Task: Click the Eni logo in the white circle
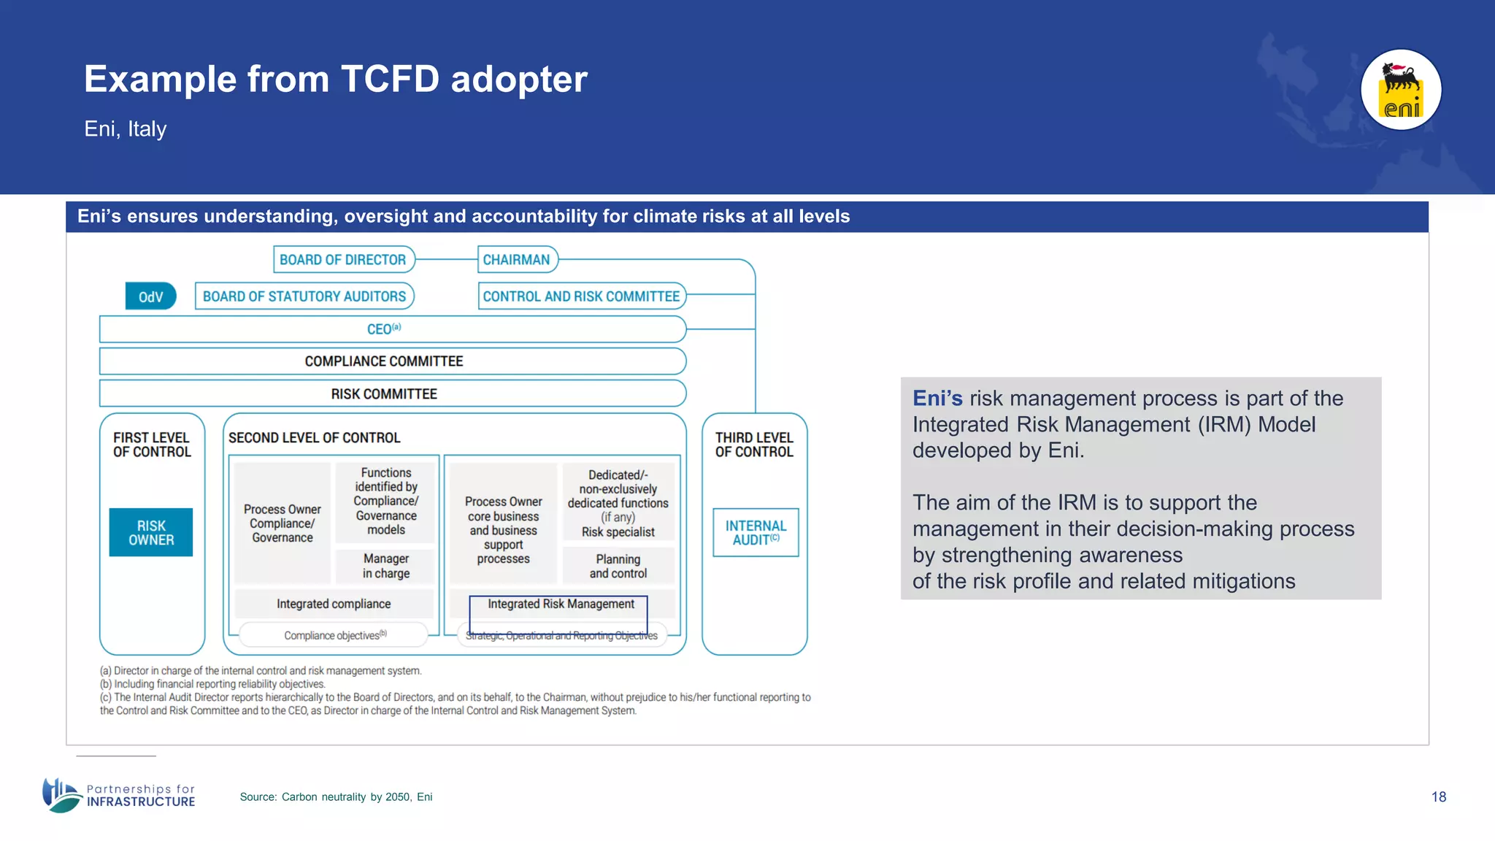(1401, 90)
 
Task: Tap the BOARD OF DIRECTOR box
(343, 260)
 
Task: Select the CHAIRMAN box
(517, 260)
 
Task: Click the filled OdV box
(150, 296)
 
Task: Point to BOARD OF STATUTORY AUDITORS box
(304, 296)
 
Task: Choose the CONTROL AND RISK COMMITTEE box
(581, 296)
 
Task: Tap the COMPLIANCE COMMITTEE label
(384, 361)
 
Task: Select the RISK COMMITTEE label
(384, 394)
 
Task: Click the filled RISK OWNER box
(151, 533)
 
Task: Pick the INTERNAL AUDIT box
(756, 533)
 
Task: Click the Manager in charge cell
(386, 566)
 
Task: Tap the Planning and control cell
(618, 566)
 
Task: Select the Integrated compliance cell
(334, 604)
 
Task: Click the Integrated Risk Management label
(561, 604)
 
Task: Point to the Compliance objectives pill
(334, 635)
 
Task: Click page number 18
(1438, 797)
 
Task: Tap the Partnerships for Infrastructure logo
(119, 795)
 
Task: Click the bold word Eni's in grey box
(937, 399)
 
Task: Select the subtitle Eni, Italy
(126, 129)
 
